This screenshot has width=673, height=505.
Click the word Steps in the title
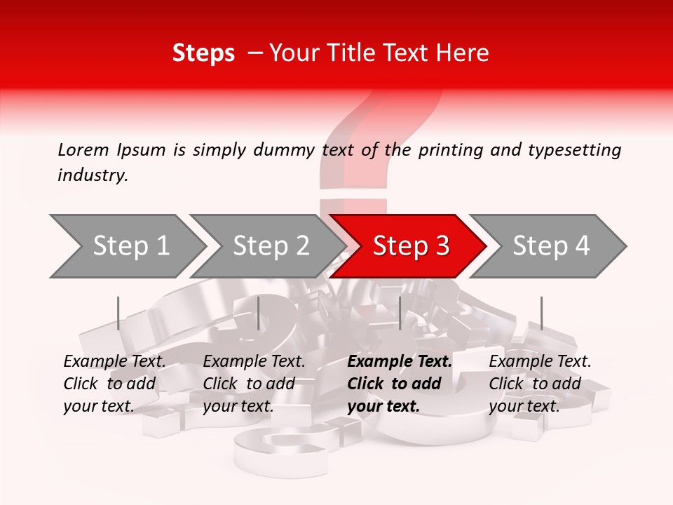click(203, 53)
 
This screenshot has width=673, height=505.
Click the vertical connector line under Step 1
click(118, 313)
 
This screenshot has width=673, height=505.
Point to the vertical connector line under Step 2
click(259, 313)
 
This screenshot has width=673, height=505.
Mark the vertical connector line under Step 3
click(400, 313)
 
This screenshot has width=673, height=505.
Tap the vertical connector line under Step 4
click(541, 313)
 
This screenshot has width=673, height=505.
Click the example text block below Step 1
click(114, 384)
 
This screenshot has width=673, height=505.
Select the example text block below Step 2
click(254, 384)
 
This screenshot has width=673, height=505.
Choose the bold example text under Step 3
click(400, 384)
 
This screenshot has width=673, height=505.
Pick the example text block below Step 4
click(540, 384)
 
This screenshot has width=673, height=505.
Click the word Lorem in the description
click(83, 150)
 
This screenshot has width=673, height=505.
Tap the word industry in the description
click(93, 175)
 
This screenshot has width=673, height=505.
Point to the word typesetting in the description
click(576, 150)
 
